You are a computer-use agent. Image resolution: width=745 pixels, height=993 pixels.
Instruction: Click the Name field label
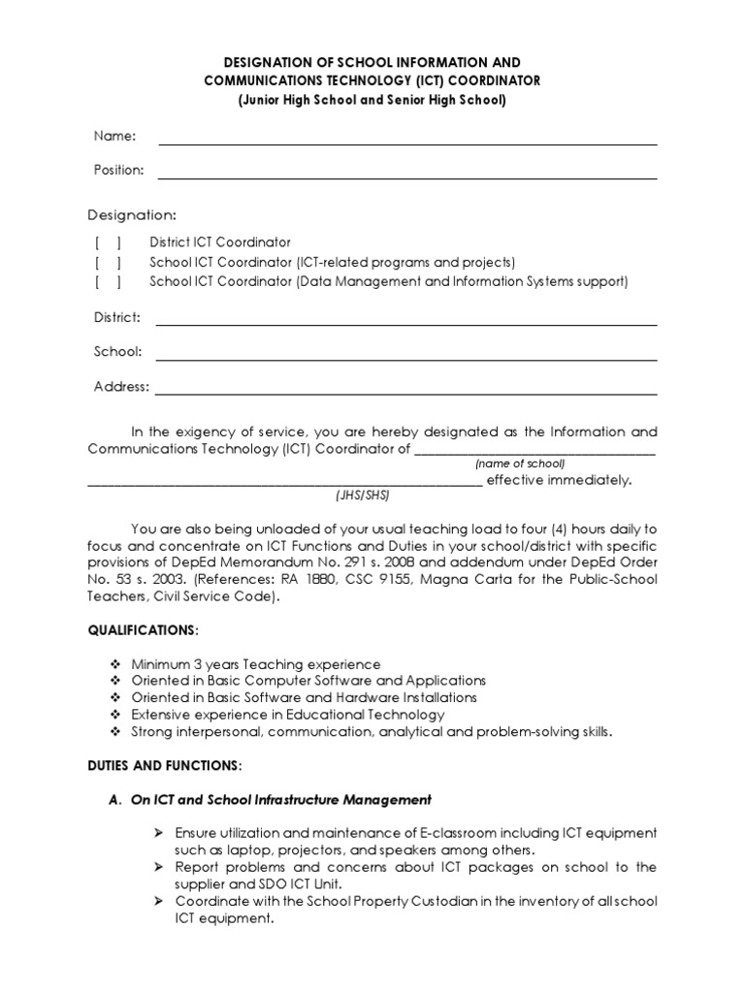coord(113,136)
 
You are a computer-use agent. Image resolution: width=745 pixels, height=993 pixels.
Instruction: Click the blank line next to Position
coord(407,177)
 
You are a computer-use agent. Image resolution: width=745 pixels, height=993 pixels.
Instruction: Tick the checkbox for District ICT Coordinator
coord(108,242)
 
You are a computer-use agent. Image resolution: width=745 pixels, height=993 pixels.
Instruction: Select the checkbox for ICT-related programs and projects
coord(108,263)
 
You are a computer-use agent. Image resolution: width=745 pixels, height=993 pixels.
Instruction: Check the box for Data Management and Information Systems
coord(108,282)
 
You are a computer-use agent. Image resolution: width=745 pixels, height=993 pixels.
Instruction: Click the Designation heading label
coord(132,214)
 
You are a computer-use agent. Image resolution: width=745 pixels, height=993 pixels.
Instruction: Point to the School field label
coord(117,351)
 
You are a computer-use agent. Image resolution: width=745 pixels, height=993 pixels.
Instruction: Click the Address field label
coord(121,386)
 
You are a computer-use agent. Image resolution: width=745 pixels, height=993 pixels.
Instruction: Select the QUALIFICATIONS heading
coord(142,630)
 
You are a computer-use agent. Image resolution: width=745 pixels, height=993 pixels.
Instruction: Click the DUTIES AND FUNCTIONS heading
coord(164,765)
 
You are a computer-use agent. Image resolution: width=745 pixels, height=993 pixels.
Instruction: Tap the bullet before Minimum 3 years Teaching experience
coord(117,664)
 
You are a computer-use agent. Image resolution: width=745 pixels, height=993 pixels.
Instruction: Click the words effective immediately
coord(559,480)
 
